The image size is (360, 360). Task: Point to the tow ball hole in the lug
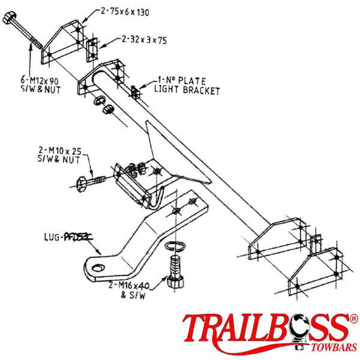pos(95,264)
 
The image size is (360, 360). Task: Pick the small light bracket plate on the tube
pos(136,92)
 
